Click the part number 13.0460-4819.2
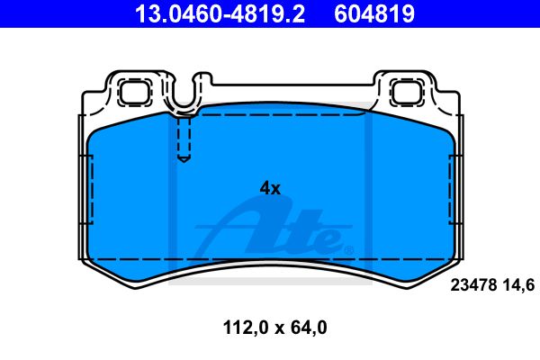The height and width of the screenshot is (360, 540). [220, 13]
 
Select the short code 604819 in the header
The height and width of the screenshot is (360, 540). [374, 13]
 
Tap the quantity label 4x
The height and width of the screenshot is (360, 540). [270, 188]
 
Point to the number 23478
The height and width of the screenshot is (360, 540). [474, 285]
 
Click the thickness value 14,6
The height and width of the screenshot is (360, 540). [518, 285]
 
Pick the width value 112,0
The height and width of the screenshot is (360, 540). [246, 328]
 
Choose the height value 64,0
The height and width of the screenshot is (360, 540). [309, 328]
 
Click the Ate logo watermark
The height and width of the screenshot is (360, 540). [274, 229]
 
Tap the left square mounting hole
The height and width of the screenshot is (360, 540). [135, 92]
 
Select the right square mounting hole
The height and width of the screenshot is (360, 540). [407, 92]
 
